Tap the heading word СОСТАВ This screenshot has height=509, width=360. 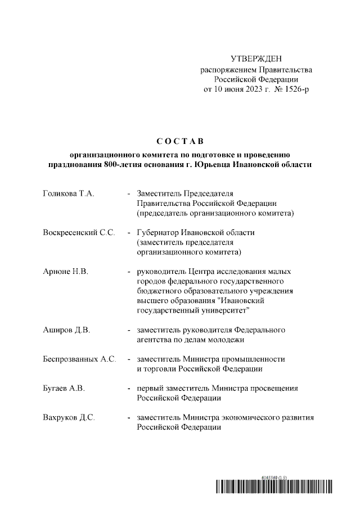pos(180,140)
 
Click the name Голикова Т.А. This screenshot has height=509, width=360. pos(68,194)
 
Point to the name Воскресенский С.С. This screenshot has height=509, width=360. pos(79,233)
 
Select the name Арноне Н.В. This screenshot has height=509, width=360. pos(66,272)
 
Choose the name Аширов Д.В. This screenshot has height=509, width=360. pos(66,330)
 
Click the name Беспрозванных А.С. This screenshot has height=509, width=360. pos(79,359)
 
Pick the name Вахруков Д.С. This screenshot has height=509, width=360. pos(69,417)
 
